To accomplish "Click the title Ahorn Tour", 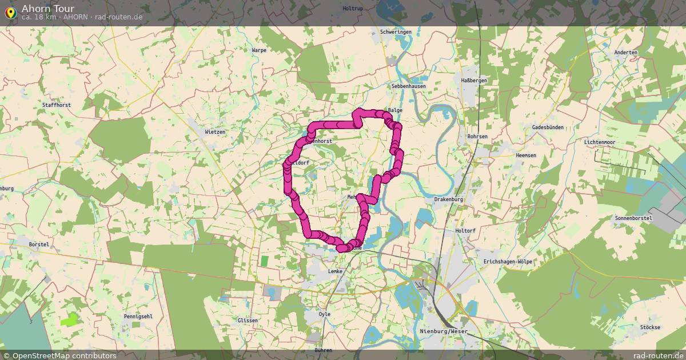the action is click(x=48, y=8).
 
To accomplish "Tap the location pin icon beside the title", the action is click(x=10, y=11).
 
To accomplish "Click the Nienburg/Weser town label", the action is click(x=443, y=331).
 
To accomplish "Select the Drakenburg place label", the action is click(x=448, y=199).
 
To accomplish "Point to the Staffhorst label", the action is click(x=56, y=105).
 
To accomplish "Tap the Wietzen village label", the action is click(x=215, y=132).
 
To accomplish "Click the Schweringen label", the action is click(x=396, y=32).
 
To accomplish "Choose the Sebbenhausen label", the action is click(x=408, y=86).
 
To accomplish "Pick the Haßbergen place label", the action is click(x=473, y=81).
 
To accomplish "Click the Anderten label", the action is click(x=625, y=53).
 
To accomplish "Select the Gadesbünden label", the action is click(x=547, y=127).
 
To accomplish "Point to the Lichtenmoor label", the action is click(x=599, y=142).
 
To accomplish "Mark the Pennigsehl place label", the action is click(x=138, y=316).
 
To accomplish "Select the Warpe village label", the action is click(x=259, y=50).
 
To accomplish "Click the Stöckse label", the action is click(x=650, y=327).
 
